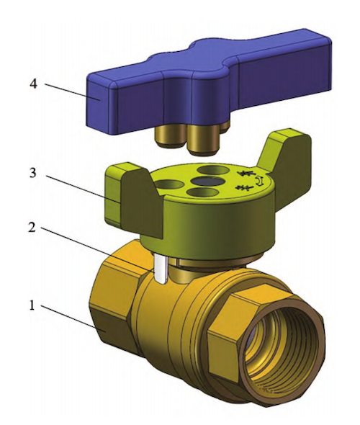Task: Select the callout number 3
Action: tap(32, 174)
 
